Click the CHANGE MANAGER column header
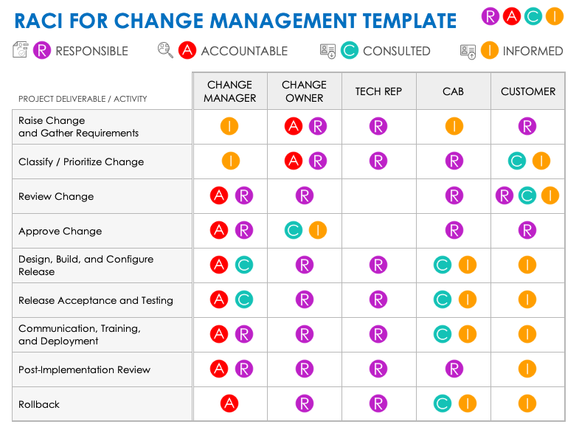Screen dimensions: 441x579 tap(229, 91)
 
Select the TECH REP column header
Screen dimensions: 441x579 tap(378, 91)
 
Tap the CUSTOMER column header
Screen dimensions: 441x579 tap(527, 91)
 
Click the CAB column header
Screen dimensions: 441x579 tap(453, 91)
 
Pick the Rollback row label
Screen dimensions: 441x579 tap(39, 404)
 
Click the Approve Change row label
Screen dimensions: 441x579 tap(60, 231)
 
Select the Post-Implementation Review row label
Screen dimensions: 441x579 tap(84, 369)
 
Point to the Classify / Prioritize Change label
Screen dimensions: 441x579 tap(81, 162)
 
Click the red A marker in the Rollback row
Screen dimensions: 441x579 tap(229, 403)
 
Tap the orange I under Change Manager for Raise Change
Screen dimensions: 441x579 tap(229, 126)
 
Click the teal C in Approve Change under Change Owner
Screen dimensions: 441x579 tap(293, 230)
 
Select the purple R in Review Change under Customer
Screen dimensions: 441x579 tap(505, 195)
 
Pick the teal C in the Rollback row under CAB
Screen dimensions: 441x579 tap(442, 403)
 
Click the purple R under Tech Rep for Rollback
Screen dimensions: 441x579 tap(378, 403)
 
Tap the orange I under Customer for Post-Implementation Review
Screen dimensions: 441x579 tap(527, 369)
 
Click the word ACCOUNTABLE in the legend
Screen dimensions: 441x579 tap(244, 51)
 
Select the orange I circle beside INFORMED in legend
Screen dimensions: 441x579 tap(489, 50)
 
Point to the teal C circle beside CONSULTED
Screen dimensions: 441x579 tap(350, 50)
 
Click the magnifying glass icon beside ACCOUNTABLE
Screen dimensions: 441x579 tap(165, 50)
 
